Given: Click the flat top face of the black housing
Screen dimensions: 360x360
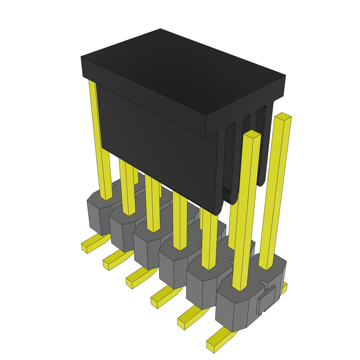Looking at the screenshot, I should click(183, 70).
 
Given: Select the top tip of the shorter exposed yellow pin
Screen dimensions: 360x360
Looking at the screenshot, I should click(252, 134).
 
